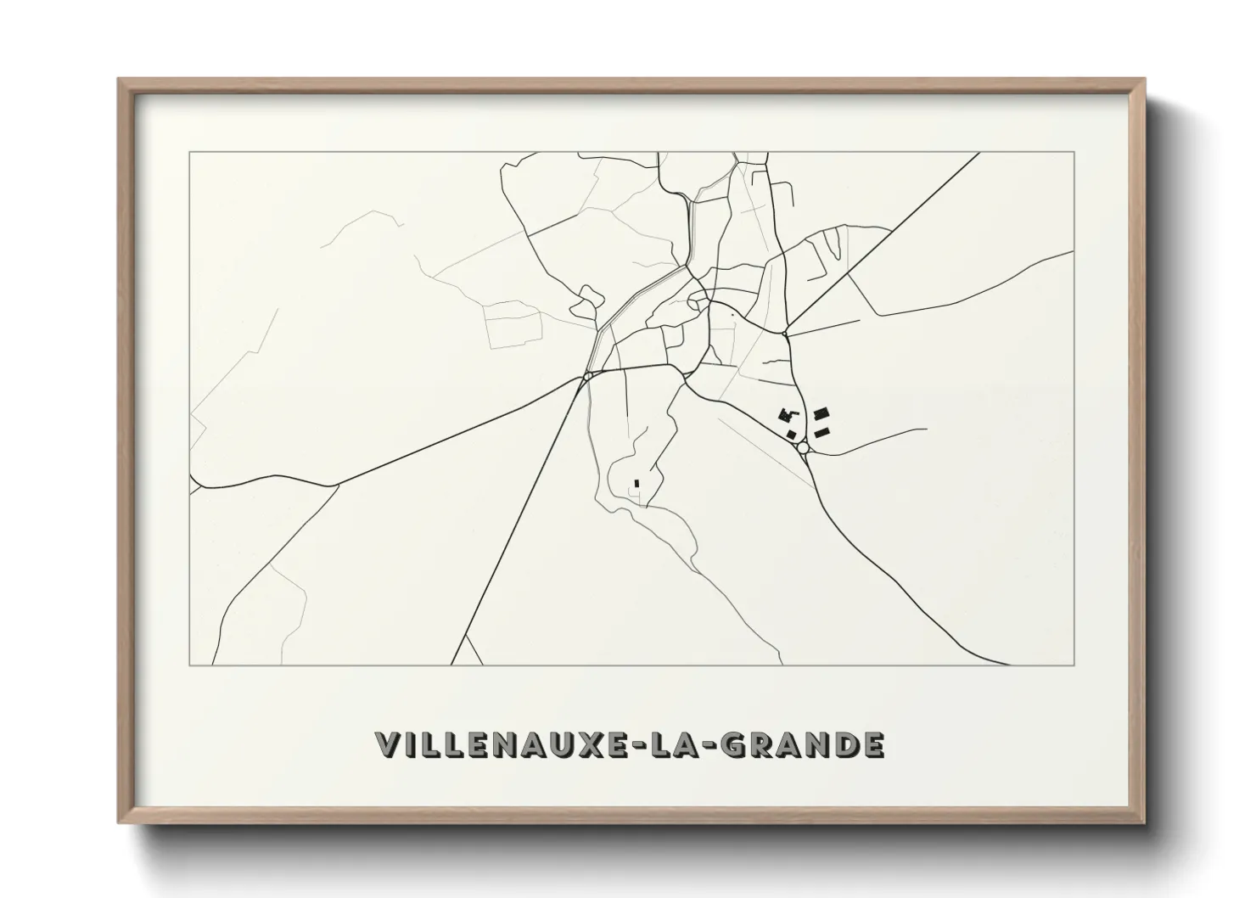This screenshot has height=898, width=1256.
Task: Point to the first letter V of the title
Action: (x=387, y=745)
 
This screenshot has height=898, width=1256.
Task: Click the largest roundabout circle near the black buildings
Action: (x=802, y=447)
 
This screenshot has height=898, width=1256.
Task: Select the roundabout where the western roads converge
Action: (x=587, y=375)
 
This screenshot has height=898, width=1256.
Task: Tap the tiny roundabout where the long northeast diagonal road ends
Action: (x=786, y=334)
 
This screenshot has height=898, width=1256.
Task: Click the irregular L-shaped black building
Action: (x=788, y=414)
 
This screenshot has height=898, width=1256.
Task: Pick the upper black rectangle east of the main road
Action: (x=821, y=414)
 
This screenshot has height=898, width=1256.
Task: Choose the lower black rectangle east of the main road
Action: (x=821, y=433)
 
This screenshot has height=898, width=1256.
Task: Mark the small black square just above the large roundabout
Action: (x=793, y=435)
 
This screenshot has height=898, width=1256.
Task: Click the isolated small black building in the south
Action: (x=636, y=484)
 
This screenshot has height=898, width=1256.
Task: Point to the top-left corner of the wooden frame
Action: (x=119, y=79)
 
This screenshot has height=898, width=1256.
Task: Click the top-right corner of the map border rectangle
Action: (x=1074, y=152)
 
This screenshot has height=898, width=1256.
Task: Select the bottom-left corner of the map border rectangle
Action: (x=189, y=664)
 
